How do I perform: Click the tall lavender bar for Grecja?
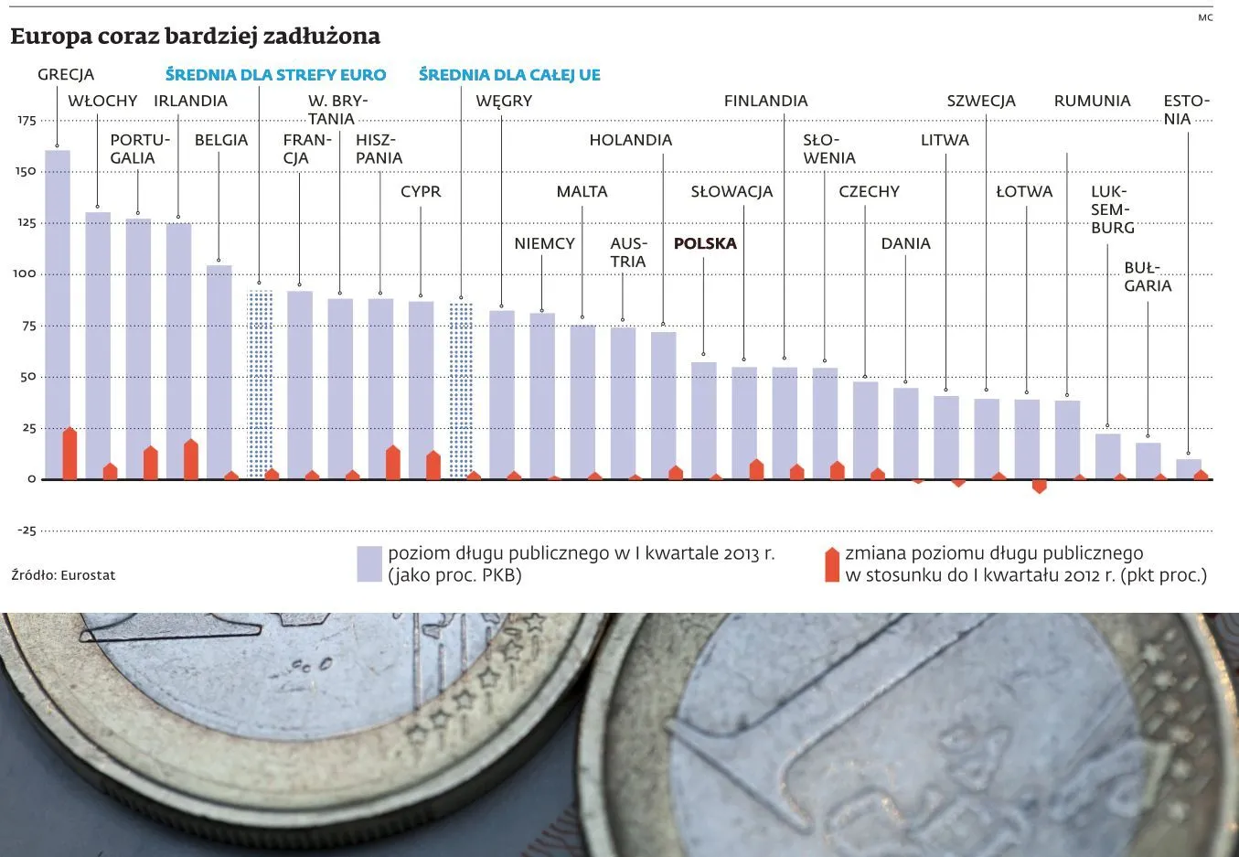click(57, 311)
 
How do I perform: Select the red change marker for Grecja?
click(69, 455)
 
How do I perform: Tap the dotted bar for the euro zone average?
click(260, 384)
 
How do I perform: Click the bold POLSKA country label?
click(704, 243)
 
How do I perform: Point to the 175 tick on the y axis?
click(26, 121)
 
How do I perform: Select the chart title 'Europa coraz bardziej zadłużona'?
click(195, 37)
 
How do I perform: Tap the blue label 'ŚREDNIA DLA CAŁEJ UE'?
click(509, 75)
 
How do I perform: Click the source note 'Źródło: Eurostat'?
click(63, 575)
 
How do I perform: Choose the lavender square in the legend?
click(369, 564)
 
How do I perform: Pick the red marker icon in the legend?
click(831, 565)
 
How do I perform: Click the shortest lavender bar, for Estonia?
click(1188, 469)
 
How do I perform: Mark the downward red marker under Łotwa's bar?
click(1039, 486)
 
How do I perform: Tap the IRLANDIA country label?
click(190, 101)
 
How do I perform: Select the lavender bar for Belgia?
click(219, 370)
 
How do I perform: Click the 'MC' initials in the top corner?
click(1205, 17)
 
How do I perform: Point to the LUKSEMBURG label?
click(1112, 209)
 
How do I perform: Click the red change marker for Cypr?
click(433, 466)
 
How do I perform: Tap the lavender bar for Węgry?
click(501, 394)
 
